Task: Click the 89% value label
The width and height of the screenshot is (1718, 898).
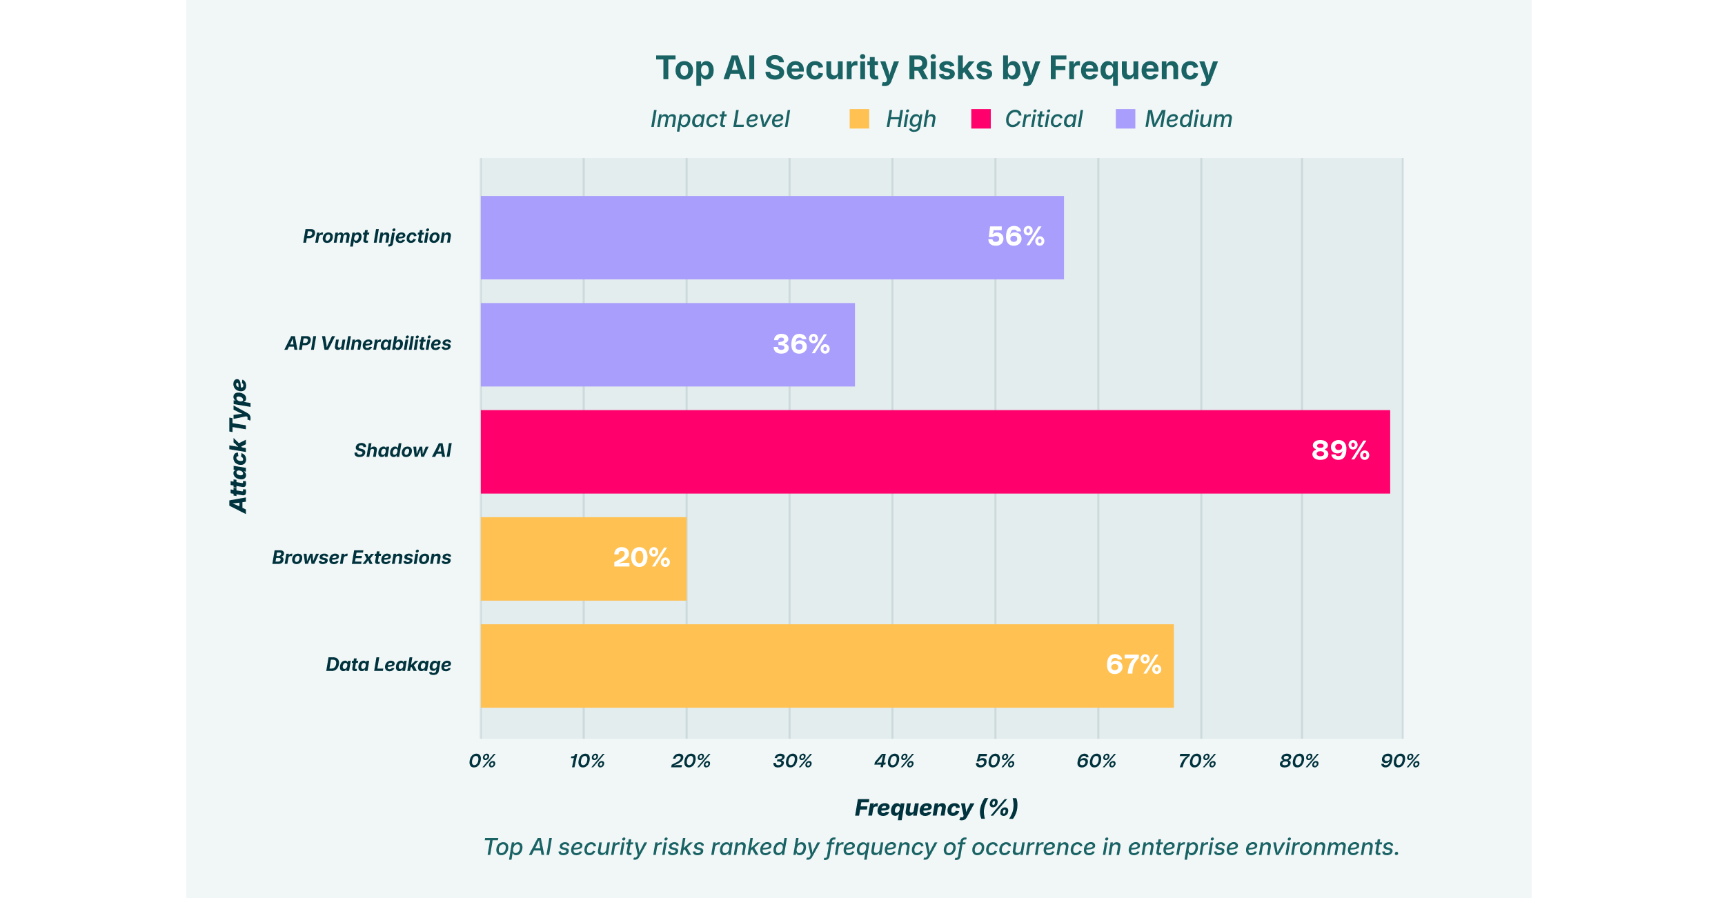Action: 1340,450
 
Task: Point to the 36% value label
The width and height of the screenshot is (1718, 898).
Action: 801,344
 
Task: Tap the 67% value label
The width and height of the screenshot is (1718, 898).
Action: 1134,665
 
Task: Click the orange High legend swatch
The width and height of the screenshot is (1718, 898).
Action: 859,119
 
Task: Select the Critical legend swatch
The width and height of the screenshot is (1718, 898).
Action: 980,119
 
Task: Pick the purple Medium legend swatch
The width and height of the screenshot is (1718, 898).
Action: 1125,119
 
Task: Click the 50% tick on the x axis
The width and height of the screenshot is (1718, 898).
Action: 995,761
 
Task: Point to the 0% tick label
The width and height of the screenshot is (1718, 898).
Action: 482,761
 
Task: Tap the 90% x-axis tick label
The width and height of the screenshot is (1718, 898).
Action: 1401,761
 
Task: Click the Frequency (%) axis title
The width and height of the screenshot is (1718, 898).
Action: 936,808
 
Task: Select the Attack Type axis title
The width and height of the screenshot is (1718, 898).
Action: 238,446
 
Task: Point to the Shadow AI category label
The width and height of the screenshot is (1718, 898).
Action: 402,451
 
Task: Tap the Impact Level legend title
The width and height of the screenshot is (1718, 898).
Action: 720,119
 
